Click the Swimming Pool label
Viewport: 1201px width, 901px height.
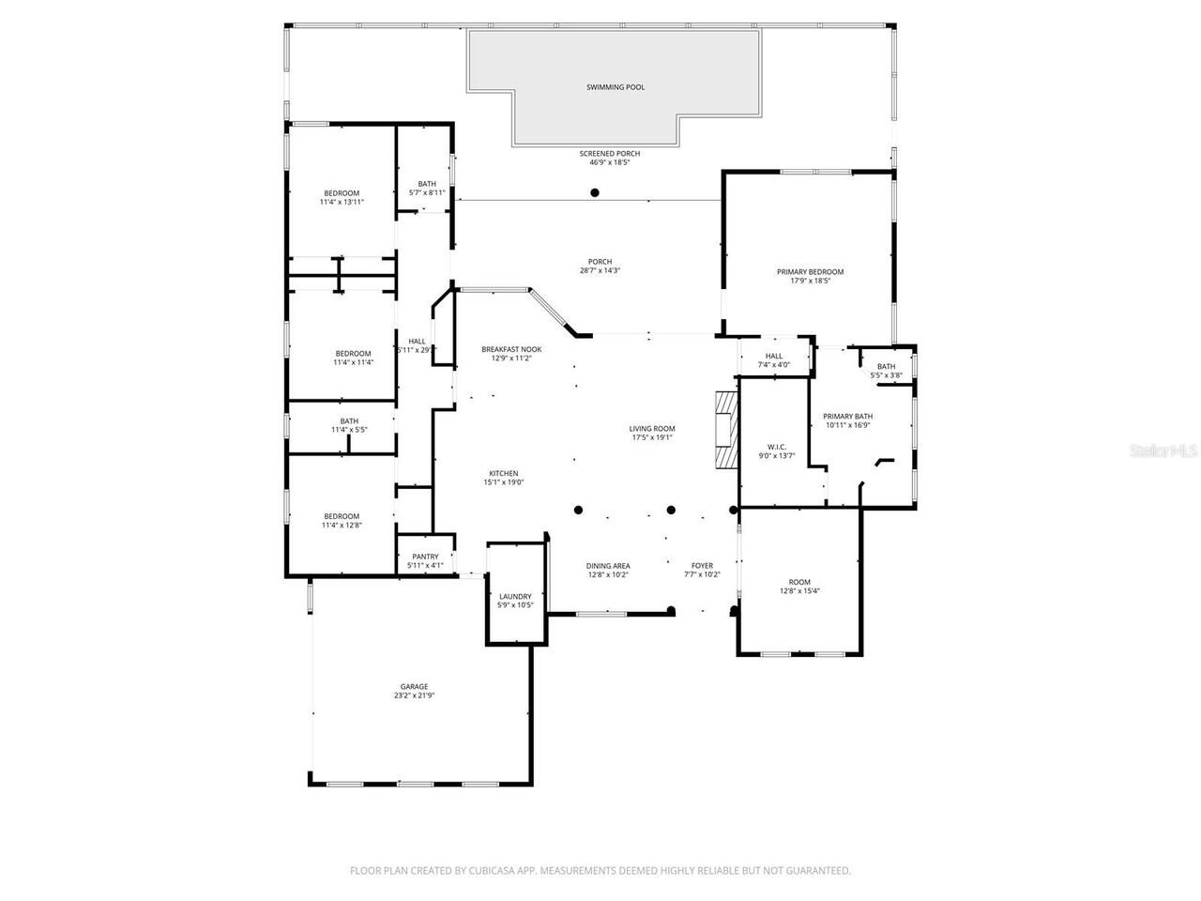click(616, 87)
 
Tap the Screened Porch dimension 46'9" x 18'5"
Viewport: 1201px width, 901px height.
click(609, 162)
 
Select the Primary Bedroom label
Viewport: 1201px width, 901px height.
click(810, 272)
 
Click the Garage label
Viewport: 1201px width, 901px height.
click(414, 687)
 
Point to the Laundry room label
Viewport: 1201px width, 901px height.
click(515, 597)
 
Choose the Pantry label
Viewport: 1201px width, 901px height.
click(425, 557)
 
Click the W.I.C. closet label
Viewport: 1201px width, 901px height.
click(776, 447)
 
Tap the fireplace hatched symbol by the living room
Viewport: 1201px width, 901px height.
click(725, 429)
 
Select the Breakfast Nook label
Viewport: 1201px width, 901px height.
click(511, 349)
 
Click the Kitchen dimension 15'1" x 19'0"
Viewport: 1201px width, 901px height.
click(503, 482)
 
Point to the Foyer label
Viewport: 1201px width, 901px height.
click(702, 566)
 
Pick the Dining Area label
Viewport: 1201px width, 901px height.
click(608, 566)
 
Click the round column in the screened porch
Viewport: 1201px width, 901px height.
click(594, 193)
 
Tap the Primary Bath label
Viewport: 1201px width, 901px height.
click(847, 416)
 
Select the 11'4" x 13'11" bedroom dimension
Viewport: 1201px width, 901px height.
click(341, 202)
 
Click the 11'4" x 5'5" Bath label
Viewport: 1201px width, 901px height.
click(348, 421)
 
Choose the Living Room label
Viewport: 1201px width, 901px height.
click(652, 429)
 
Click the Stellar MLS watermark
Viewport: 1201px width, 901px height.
click(1163, 450)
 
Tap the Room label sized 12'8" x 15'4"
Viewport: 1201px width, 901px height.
click(798, 582)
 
